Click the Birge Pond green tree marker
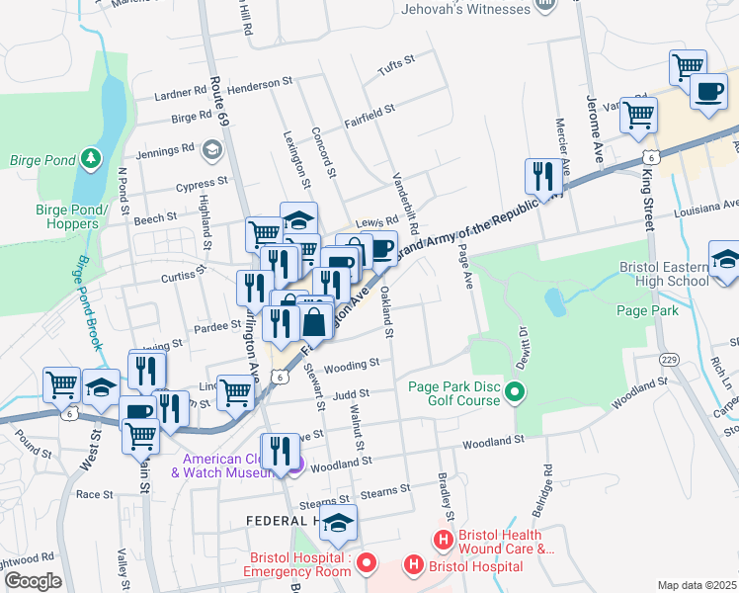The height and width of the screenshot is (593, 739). pos(92,158)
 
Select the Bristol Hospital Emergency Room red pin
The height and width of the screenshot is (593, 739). pos(367,564)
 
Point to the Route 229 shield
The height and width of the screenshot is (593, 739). pos(670,359)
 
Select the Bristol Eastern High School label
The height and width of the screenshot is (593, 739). pos(664,274)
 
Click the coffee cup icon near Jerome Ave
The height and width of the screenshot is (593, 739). pos(707,92)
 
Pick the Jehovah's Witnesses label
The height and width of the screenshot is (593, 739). pos(465,10)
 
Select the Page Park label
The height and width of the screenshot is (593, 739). pos(647,310)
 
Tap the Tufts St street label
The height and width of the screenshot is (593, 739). pos(395,68)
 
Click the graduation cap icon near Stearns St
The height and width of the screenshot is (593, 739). pos(338,525)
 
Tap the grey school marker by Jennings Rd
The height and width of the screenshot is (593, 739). pos(210,149)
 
